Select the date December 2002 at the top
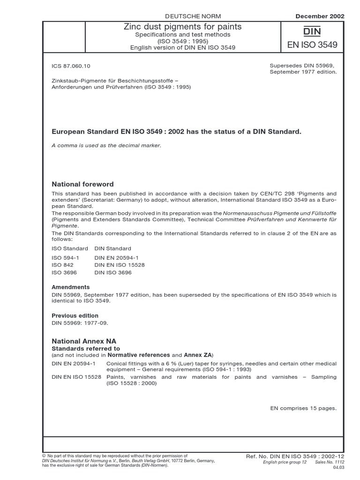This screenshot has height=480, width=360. (320, 16)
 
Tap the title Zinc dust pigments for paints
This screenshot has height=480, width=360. (182, 27)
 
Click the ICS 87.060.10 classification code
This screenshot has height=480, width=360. (71, 67)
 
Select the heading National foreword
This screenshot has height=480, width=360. (82, 184)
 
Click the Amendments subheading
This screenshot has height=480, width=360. (70, 287)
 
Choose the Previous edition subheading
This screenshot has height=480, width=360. (75, 315)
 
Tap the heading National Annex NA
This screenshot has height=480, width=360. (84, 341)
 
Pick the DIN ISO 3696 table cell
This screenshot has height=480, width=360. (113, 272)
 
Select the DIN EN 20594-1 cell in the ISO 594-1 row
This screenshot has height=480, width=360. (117, 258)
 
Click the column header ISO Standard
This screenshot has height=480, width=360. (69, 248)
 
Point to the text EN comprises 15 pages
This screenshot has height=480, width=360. (303, 408)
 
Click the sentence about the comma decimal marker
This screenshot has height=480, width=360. (106, 145)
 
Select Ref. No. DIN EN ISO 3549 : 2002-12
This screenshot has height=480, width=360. (295, 456)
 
